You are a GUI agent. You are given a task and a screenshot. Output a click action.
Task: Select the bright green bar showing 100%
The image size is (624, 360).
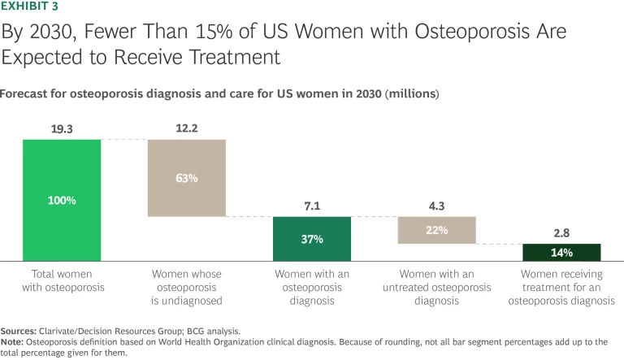(62, 199)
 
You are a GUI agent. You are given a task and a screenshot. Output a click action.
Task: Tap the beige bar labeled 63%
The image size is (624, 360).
(186, 178)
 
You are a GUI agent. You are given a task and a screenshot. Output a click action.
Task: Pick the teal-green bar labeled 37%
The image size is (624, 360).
(311, 238)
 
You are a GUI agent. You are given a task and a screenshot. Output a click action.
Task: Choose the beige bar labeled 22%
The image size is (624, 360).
(436, 230)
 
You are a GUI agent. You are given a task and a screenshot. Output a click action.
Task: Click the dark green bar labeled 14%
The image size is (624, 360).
(561, 252)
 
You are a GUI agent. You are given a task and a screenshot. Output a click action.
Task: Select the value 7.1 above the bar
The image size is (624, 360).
(311, 206)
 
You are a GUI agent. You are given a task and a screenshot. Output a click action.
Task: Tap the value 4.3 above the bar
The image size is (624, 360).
(436, 206)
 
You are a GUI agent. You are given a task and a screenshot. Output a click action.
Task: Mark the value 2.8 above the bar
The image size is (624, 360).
(561, 233)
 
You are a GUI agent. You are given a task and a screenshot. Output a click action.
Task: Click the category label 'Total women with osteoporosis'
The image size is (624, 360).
(62, 280)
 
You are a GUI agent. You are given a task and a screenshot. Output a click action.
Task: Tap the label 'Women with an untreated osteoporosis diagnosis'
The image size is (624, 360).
(436, 287)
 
